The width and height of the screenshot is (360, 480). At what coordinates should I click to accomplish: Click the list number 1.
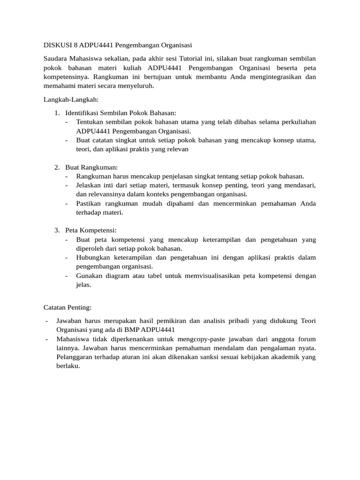tap(56, 113)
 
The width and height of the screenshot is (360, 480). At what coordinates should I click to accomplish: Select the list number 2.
tap(56, 167)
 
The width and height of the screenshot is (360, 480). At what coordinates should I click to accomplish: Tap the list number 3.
tap(56, 230)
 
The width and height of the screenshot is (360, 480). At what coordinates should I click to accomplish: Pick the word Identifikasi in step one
tap(83, 113)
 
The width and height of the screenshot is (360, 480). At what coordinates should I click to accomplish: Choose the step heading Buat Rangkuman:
tap(92, 167)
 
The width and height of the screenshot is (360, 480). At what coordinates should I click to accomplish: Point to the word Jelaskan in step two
tap(90, 186)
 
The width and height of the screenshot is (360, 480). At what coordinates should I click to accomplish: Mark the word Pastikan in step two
tap(90, 203)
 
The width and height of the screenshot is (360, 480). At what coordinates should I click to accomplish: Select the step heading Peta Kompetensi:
tap(90, 230)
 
